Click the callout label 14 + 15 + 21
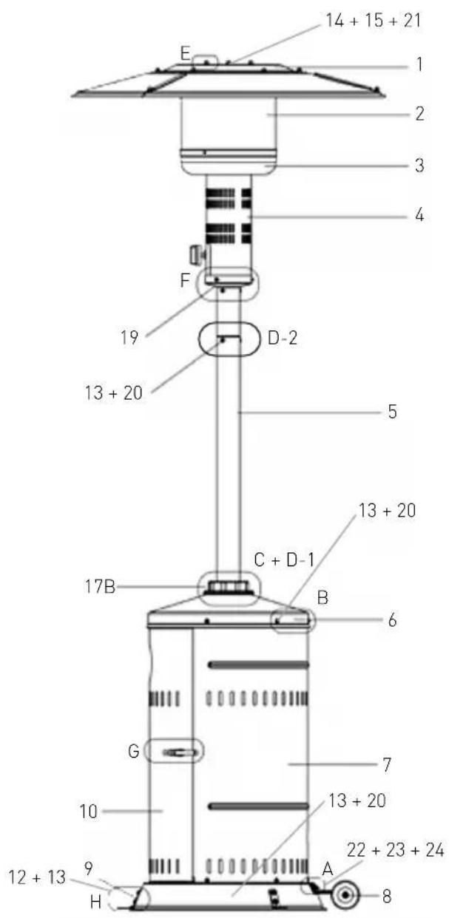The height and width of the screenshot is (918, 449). (x=374, y=21)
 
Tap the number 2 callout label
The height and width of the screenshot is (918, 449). (x=419, y=114)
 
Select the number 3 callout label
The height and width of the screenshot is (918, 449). (x=419, y=166)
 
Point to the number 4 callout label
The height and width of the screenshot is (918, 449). (x=419, y=215)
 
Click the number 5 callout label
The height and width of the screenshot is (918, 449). (x=393, y=412)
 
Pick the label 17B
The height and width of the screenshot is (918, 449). (x=100, y=586)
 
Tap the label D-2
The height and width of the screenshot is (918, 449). (x=283, y=338)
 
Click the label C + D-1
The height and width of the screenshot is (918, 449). (x=284, y=560)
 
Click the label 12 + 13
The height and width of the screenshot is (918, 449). (x=37, y=877)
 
